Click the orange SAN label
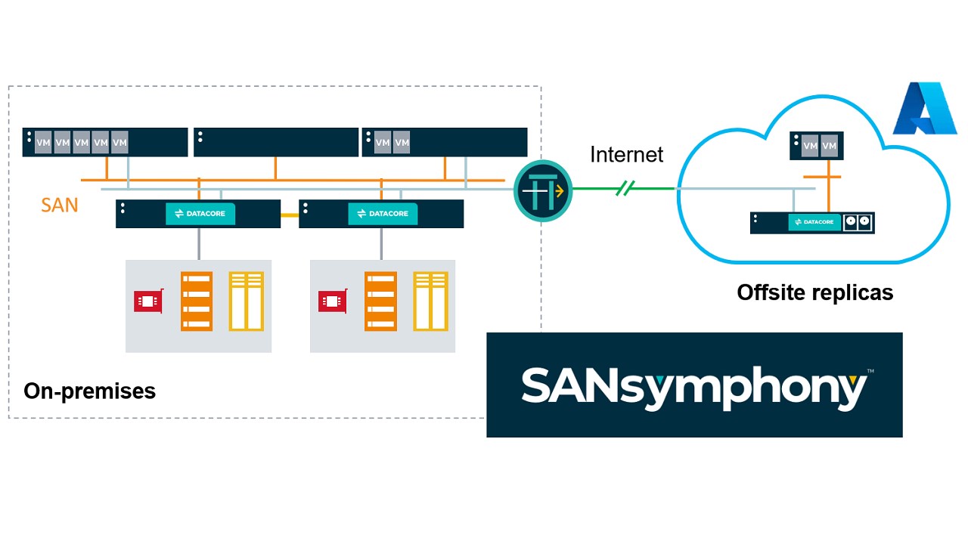60,204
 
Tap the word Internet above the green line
626,155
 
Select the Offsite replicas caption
814,292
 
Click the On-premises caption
89,391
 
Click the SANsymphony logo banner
694,385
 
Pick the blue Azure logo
925,110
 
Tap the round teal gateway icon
543,191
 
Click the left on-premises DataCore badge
200,214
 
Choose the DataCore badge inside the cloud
814,222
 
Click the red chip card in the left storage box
148,301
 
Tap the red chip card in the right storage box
332,301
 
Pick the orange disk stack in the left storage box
197,301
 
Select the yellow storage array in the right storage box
430,301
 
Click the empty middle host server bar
276,142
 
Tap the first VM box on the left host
43,142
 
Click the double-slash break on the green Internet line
624,188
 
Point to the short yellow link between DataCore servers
290,215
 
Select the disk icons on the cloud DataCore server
858,222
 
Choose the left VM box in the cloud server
810,146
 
